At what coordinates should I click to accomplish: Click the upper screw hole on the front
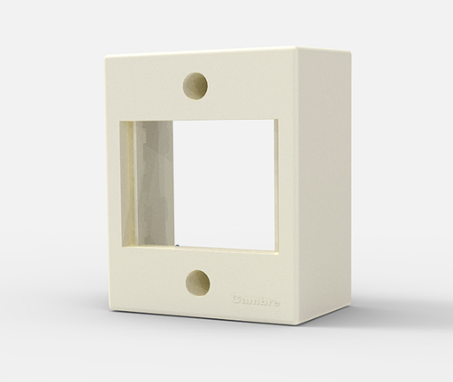(195, 85)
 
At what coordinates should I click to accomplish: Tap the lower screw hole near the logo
(197, 282)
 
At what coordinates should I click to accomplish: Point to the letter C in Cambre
(235, 300)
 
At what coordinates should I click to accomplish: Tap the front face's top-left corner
(106, 58)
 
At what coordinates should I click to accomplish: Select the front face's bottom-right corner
(302, 325)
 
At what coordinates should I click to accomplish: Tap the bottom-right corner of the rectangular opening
(277, 250)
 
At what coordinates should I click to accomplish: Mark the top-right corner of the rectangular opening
(277, 121)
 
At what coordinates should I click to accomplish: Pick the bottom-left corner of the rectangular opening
(124, 241)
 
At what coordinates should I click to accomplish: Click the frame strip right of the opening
(288, 186)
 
